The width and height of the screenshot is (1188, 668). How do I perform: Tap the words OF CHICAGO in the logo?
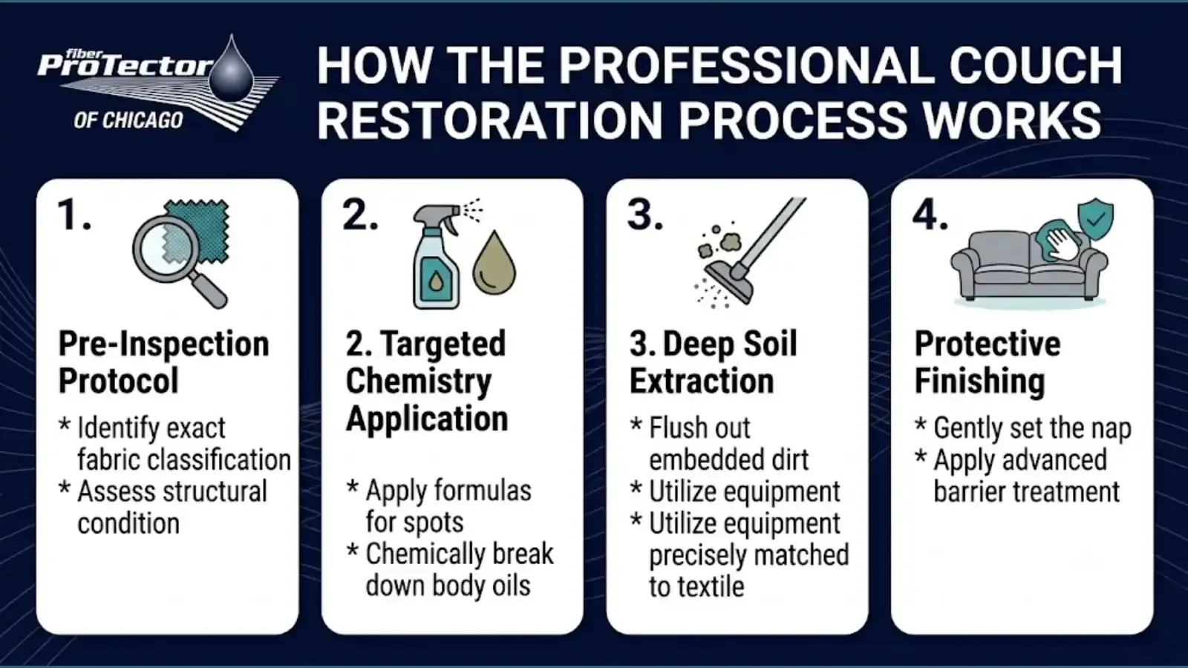click(128, 121)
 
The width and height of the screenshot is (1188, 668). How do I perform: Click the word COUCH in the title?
click(1035, 66)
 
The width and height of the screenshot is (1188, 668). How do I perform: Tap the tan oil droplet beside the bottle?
click(494, 263)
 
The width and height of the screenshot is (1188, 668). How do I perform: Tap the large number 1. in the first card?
click(75, 215)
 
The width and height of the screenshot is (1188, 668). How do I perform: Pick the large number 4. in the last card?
click(930, 215)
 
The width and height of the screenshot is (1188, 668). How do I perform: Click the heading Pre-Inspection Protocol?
click(164, 363)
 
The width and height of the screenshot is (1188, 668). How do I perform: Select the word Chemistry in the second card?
click(419, 382)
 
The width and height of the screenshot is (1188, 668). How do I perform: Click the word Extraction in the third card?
click(702, 382)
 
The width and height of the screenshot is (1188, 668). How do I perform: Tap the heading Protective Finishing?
click(988, 363)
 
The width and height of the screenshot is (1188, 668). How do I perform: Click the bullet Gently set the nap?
click(1023, 428)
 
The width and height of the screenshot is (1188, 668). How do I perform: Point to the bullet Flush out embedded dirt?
click(719, 444)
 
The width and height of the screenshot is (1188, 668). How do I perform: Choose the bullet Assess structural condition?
click(163, 508)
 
